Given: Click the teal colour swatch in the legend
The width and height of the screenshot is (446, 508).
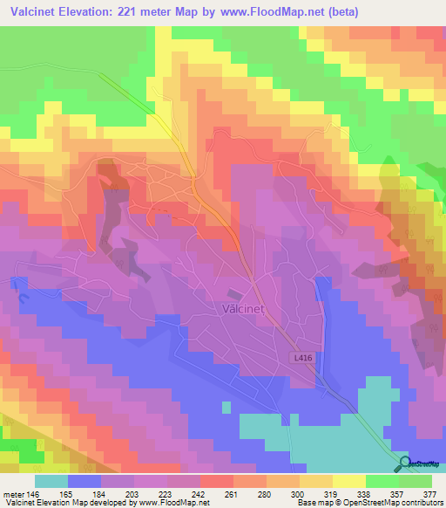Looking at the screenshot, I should coord(51,481).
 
